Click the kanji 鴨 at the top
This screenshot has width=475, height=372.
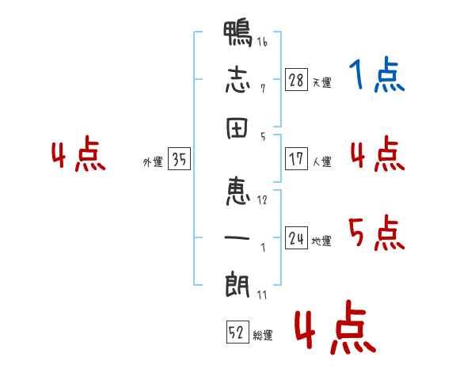[237, 35]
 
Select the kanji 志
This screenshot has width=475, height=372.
[237, 79]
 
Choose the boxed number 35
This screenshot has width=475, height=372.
[179, 160]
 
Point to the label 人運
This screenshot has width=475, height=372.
[321, 162]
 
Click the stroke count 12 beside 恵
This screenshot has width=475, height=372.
[262, 200]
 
